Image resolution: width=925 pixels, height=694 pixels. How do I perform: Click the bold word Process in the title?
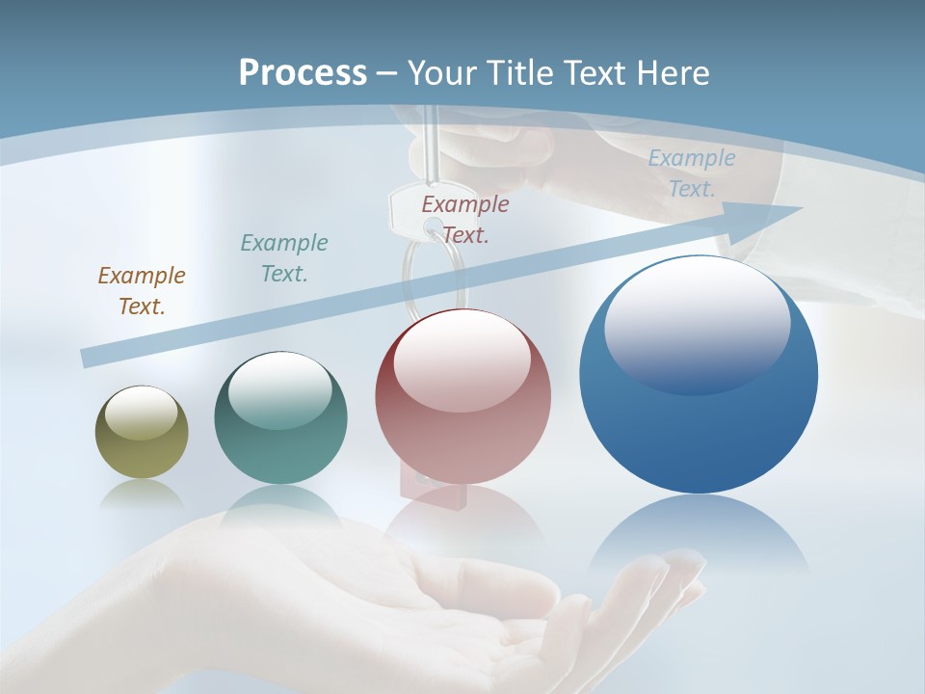(303, 73)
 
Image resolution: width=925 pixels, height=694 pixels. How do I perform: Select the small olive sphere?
(142, 433)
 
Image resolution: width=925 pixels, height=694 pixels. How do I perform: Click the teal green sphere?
(280, 418)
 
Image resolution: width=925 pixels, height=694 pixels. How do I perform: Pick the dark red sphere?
(462, 397)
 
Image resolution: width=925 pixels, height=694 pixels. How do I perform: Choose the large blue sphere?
(699, 374)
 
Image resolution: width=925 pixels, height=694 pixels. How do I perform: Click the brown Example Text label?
(141, 290)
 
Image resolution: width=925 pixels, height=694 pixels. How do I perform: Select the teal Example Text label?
(283, 257)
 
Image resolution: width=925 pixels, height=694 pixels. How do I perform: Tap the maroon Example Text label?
(464, 219)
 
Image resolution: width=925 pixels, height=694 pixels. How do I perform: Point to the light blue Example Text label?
(691, 173)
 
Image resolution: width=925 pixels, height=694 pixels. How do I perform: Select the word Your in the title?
(438, 73)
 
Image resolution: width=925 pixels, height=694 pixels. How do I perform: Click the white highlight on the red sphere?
(462, 361)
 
